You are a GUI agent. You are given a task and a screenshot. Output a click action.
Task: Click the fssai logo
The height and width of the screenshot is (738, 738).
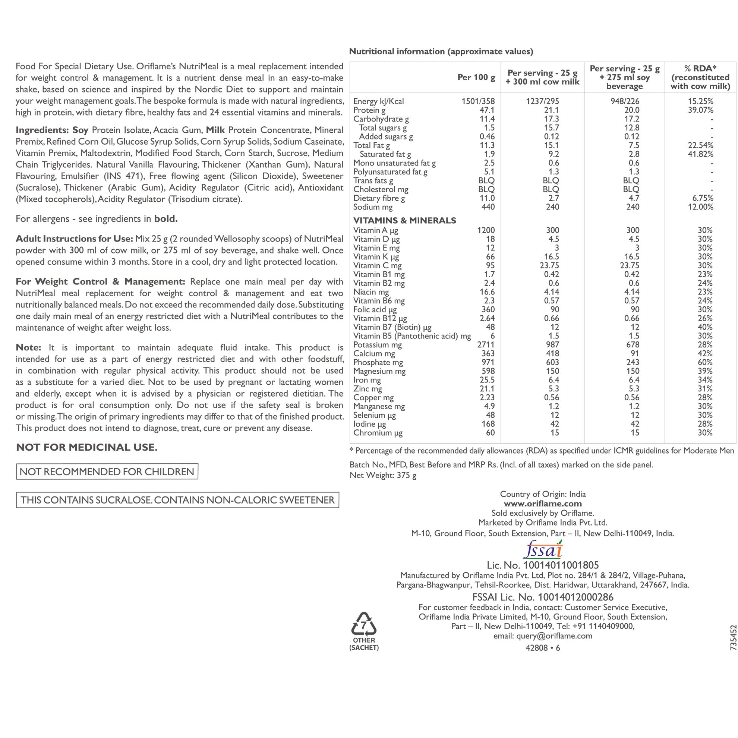(543, 550)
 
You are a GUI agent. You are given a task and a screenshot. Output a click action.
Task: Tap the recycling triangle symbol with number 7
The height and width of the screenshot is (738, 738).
(363, 625)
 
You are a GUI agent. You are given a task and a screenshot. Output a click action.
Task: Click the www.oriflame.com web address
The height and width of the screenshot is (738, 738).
(543, 504)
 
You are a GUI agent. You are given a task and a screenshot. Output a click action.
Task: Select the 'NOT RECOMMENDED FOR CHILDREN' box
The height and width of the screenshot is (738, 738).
(107, 472)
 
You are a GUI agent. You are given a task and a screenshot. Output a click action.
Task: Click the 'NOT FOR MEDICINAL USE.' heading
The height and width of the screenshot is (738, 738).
(87, 447)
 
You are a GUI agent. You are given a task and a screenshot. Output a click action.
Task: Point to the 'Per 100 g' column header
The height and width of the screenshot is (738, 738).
(476, 78)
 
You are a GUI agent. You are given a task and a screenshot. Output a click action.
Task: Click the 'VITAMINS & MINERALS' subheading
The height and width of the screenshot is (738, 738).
(404, 220)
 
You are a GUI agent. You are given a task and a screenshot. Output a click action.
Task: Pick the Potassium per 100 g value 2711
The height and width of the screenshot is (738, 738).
(486, 345)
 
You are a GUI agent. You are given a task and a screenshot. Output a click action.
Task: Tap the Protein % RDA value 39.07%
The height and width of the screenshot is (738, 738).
(701, 110)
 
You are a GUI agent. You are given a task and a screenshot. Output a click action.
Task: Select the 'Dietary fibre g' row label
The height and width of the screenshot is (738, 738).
(379, 198)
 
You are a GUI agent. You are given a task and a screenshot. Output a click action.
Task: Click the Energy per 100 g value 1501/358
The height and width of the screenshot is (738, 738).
(478, 101)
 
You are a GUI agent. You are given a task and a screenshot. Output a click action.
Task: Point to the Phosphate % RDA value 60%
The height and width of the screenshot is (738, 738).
(705, 363)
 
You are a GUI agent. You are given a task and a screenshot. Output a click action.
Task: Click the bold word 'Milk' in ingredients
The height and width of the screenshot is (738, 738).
(215, 130)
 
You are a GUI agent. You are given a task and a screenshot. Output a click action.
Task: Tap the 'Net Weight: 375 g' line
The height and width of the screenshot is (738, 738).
(383, 475)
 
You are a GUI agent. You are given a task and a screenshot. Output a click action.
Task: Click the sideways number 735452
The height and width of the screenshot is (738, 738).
(732, 637)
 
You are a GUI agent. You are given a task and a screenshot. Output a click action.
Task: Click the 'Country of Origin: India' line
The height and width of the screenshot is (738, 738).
(543, 494)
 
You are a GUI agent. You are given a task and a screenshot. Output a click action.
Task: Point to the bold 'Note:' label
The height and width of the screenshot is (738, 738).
(29, 348)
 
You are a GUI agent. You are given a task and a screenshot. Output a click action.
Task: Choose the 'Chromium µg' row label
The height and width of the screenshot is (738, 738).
(378, 433)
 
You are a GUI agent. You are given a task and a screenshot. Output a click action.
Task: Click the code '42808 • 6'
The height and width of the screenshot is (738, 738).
(543, 648)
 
